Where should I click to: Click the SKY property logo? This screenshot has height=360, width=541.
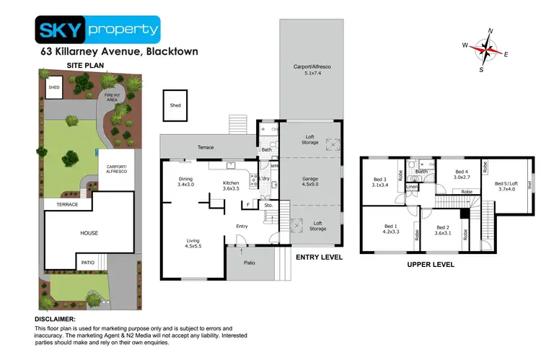pyautogui.click(x=97, y=30)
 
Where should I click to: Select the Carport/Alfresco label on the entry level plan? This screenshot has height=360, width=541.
pyautogui.click(x=311, y=69)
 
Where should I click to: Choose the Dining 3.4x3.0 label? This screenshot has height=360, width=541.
pyautogui.click(x=185, y=182)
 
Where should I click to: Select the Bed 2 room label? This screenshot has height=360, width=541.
pyautogui.click(x=442, y=230)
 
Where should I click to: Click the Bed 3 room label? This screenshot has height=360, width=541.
pyautogui.click(x=380, y=183)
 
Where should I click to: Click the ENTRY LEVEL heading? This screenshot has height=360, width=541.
pyautogui.click(x=319, y=257)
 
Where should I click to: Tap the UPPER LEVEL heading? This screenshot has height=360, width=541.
pyautogui.click(x=431, y=265)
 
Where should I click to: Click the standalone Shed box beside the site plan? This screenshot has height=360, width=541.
pyautogui.click(x=175, y=105)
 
